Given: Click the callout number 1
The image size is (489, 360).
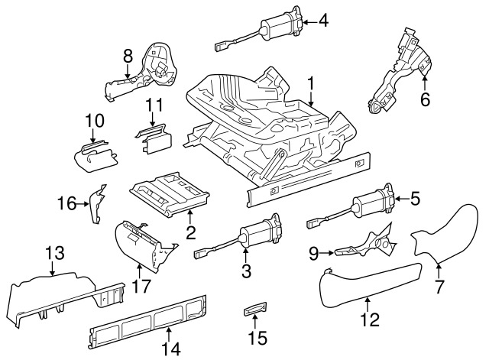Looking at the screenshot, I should pos(312,83).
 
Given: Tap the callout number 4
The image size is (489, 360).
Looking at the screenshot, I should pos(323,21).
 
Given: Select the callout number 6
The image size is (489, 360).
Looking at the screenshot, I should pos(426,99).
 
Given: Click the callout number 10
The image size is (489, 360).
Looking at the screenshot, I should pos(94,121).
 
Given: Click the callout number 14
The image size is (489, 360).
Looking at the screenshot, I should pos(172,349).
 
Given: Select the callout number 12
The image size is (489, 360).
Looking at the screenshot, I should pos(369,319).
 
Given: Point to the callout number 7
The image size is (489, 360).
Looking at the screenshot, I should pos(438,288).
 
